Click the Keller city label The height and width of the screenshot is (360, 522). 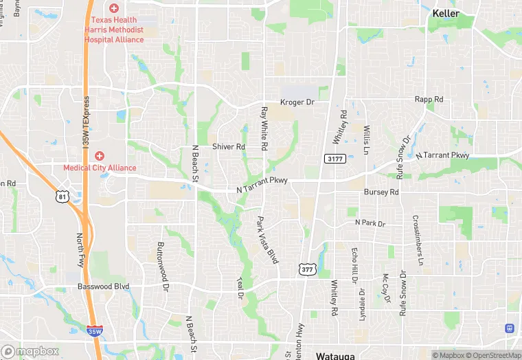click(446, 13)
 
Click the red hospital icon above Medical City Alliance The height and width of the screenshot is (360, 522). click(100, 156)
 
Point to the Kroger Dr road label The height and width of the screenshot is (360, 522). click(297, 102)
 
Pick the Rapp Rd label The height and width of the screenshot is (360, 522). click(429, 100)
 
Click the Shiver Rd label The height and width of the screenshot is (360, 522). click(228, 147)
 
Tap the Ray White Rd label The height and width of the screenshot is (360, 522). click(264, 128)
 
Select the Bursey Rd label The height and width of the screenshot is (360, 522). click(381, 192)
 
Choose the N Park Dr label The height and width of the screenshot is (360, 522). click(370, 223)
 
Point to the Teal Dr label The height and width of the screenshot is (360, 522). click(241, 288)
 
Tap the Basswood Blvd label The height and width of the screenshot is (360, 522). click(103, 286)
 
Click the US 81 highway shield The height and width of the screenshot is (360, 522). click(63, 197)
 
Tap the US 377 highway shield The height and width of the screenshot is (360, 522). click(307, 269)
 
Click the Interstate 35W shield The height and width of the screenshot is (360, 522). click(95, 330)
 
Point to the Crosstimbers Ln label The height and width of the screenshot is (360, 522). click(417, 240)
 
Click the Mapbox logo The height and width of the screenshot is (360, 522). click(30, 351)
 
